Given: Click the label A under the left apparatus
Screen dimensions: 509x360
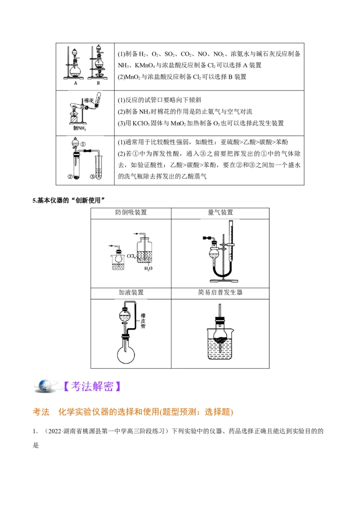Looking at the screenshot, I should coord(76,83).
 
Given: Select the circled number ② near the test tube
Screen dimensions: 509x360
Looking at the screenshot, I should coord(70,176).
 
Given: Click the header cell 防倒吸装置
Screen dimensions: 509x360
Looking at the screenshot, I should coord(131,212).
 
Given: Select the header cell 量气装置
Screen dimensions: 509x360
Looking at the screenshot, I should coord(220,212).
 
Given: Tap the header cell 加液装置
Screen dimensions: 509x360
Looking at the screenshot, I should coord(131,292).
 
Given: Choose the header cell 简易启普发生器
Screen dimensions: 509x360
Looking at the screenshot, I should coord(220,292).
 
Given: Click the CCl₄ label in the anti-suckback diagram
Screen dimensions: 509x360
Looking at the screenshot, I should coord(131,256).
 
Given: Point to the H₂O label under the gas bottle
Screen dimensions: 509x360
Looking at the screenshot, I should coord(148,268).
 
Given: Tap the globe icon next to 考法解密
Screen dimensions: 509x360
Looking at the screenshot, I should coord(45,386).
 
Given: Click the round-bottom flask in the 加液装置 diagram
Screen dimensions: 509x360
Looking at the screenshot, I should coord(126,353).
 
